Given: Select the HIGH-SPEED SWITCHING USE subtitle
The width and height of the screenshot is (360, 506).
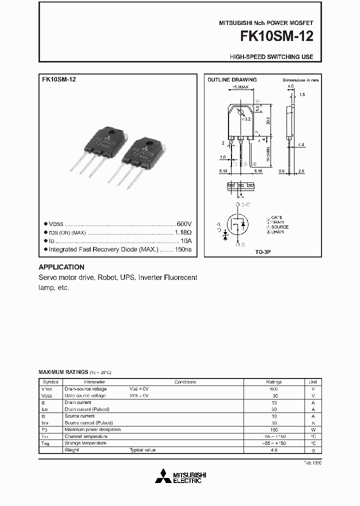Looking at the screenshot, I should pyautogui.click(x=271, y=57).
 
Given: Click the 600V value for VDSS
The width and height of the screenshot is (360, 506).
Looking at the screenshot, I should pyautogui.click(x=184, y=224).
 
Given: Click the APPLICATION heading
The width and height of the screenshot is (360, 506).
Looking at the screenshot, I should pyautogui.click(x=61, y=267).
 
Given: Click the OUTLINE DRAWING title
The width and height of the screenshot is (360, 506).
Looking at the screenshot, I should pyautogui.click(x=232, y=79).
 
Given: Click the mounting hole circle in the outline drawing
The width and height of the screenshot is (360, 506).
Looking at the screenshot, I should pyautogui.click(x=241, y=112).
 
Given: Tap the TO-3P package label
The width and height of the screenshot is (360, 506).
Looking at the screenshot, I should pyautogui.click(x=262, y=253).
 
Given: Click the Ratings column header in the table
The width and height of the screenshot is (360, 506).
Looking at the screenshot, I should pyautogui.click(x=274, y=381).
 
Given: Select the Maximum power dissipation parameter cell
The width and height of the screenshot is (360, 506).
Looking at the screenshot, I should pyautogui.click(x=92, y=429).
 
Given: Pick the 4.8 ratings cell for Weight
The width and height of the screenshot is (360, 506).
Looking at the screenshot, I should pyautogui.click(x=274, y=450).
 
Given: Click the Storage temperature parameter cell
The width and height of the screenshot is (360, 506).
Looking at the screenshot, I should pyautogui.click(x=85, y=443).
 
